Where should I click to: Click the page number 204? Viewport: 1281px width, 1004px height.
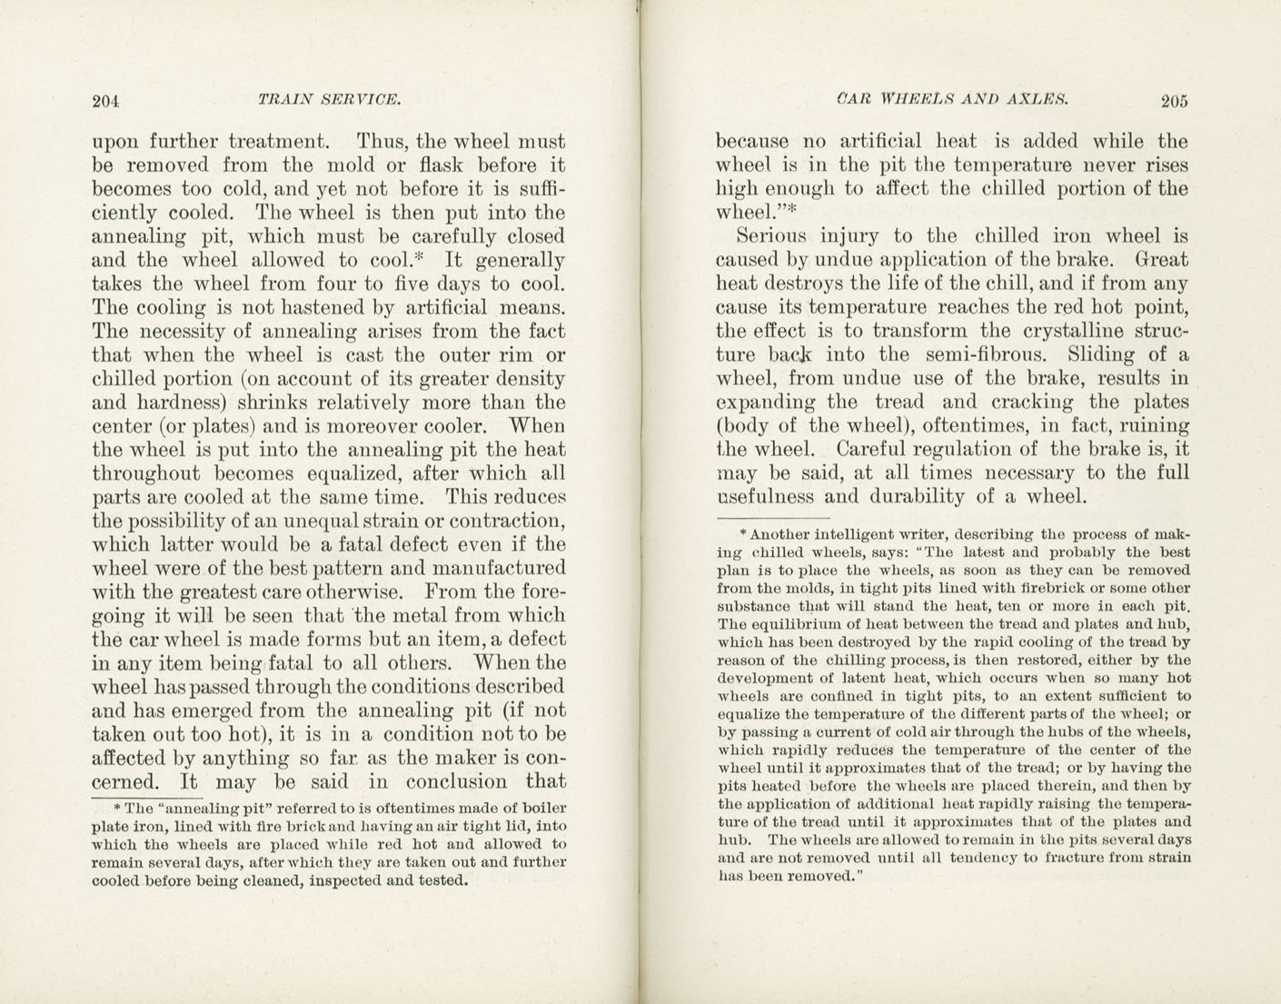[x=106, y=101]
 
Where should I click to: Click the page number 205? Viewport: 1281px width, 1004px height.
[x=1173, y=101]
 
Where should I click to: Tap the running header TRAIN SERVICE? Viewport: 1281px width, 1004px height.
[x=329, y=99]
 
